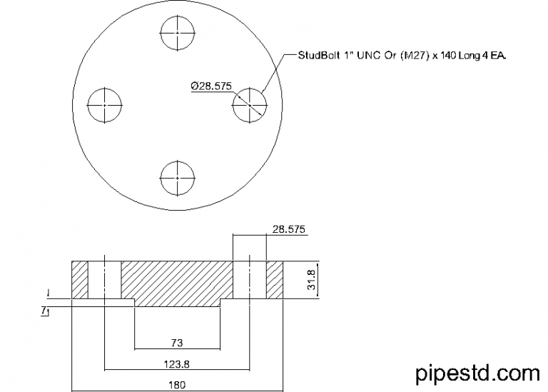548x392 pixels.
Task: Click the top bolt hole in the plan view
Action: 178,33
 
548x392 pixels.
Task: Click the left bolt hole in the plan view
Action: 106,105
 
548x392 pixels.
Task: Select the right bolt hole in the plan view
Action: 250,105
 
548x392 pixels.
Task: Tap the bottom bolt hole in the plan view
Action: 178,177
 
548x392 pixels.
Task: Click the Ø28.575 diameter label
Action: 211,86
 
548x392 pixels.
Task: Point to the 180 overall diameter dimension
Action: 177,385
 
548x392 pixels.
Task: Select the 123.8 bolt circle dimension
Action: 177,363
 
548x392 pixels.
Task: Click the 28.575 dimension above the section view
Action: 289,229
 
